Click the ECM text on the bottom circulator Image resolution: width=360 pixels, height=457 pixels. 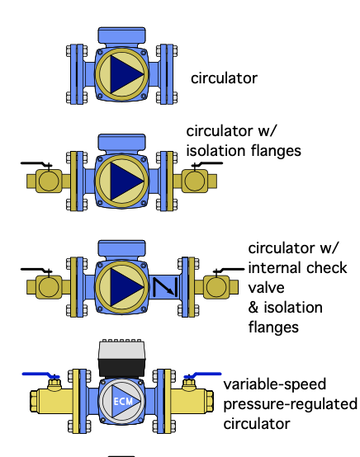123,402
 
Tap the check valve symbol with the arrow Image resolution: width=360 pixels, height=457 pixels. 165,287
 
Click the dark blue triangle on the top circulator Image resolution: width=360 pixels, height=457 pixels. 127,74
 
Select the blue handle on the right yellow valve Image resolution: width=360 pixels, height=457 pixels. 202,375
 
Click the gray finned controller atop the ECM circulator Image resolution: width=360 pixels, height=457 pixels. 122,350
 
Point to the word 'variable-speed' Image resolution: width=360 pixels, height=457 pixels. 274,384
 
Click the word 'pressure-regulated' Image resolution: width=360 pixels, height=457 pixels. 291,404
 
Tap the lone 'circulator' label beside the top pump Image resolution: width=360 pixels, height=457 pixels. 224,78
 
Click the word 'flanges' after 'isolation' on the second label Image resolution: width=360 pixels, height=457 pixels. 276,151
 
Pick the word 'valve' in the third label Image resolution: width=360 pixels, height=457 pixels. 266,288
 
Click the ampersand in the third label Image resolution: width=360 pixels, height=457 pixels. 253,308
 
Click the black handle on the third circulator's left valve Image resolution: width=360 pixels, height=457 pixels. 36,271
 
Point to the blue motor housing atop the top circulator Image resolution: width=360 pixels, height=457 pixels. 122,35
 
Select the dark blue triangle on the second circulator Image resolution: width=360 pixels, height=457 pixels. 127,181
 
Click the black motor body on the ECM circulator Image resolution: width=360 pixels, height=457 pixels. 122,367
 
